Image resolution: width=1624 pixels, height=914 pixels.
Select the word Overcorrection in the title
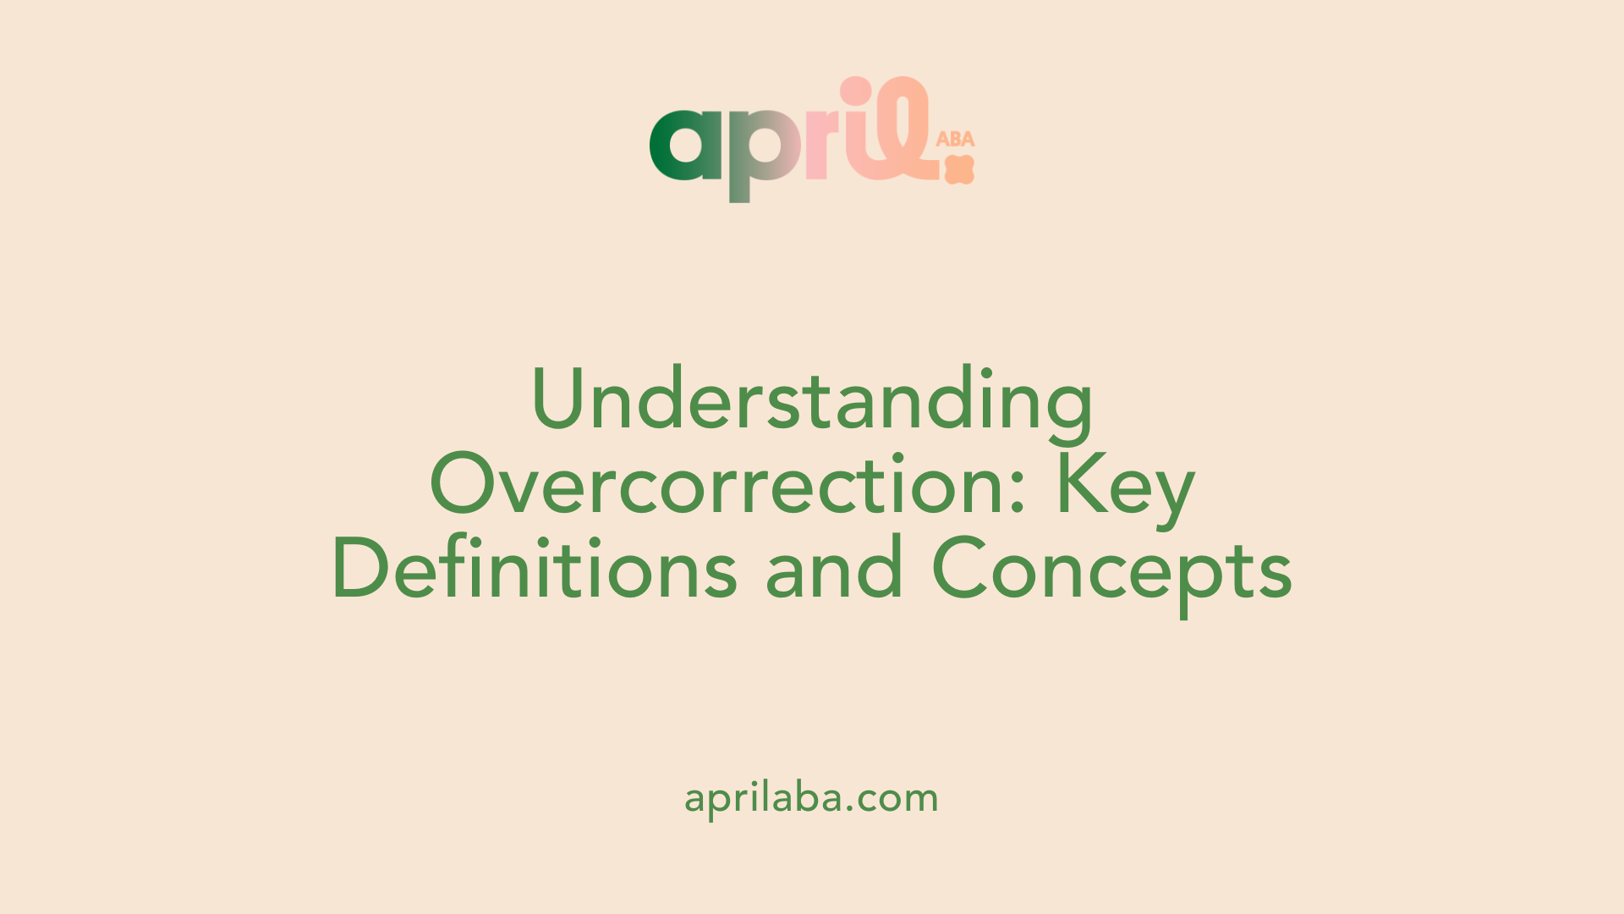tap(727, 483)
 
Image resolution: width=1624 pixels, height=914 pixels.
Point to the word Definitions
tap(535, 567)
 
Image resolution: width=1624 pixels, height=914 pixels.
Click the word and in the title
tap(834, 567)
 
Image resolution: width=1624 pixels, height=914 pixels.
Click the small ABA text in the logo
tap(955, 139)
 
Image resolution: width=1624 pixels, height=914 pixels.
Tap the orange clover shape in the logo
tap(960, 169)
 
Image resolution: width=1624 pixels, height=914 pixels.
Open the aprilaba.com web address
tap(812, 798)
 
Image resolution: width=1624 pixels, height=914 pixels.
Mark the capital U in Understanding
tap(562, 399)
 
